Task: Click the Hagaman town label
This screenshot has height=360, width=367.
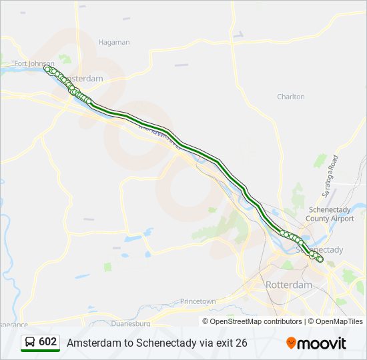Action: click(x=113, y=42)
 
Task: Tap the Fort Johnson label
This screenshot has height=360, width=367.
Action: click(x=34, y=64)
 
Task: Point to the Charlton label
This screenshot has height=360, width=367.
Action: click(x=290, y=97)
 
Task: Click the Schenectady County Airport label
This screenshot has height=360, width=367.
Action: click(x=330, y=214)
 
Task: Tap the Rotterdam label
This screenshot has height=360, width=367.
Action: click(x=288, y=285)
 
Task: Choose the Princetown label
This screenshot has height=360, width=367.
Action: click(x=198, y=301)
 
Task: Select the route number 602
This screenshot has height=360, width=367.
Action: click(x=48, y=342)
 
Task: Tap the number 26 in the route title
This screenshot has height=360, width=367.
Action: click(x=241, y=343)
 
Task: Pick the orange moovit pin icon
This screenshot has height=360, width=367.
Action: click(x=291, y=343)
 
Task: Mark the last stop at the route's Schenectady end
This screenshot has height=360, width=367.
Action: click(x=320, y=260)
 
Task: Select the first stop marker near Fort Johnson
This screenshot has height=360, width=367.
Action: click(x=47, y=68)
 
